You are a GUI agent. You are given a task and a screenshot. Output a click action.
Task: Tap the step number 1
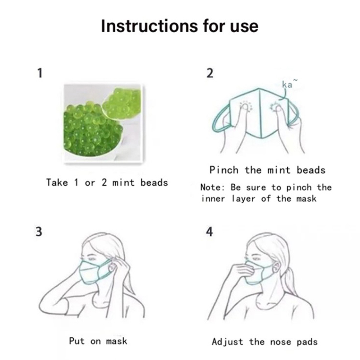(x=40, y=73)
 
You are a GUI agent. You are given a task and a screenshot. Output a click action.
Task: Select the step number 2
(x=210, y=73)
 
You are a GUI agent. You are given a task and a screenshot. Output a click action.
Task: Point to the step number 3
(x=39, y=231)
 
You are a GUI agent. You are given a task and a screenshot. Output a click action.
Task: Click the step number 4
(x=209, y=231)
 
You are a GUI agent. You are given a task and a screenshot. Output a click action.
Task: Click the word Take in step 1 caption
(x=57, y=183)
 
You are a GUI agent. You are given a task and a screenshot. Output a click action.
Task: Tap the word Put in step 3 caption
(x=77, y=341)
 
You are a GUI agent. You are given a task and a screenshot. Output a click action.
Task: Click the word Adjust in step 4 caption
(x=227, y=342)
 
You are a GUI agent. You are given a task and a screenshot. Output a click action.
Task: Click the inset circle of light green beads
(x=121, y=101)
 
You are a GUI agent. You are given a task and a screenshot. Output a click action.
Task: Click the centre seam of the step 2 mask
(x=260, y=113)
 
